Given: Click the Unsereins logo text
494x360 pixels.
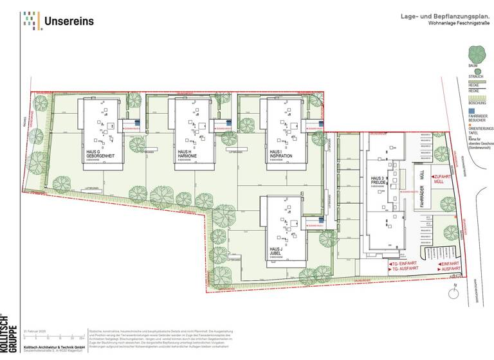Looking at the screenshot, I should click(69, 21).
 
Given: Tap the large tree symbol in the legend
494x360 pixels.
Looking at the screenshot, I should click(477, 54).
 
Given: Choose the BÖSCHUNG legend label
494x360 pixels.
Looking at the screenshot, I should click(477, 103).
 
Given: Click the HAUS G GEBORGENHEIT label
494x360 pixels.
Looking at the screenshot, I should click(98, 154).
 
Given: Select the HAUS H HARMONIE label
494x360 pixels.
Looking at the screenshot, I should click(187, 154).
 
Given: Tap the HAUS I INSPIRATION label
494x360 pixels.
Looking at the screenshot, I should click(280, 154).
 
